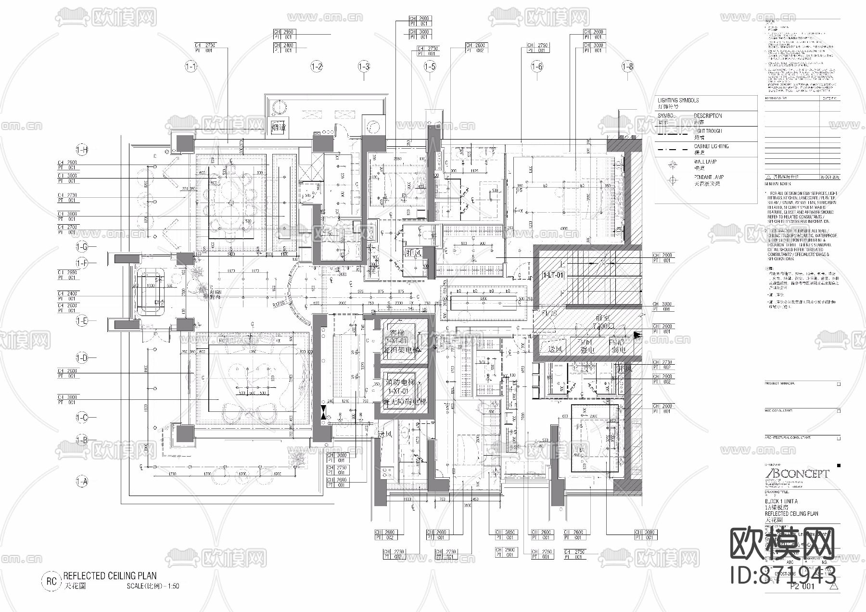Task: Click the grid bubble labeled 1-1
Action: click(x=191, y=67)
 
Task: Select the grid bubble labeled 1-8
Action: click(x=627, y=67)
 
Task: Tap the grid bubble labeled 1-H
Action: click(x=82, y=150)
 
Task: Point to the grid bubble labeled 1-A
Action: click(x=82, y=481)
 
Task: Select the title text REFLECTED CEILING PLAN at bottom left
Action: click(x=110, y=575)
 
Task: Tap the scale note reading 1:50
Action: click(x=173, y=586)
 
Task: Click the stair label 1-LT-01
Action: click(x=553, y=275)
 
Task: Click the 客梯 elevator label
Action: click(x=397, y=333)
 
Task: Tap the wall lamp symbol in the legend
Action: click(x=672, y=165)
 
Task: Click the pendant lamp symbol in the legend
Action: click(x=672, y=180)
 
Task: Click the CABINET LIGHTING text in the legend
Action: click(x=711, y=146)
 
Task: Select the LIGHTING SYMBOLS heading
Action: click(x=678, y=100)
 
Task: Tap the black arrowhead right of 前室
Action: click(x=638, y=335)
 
